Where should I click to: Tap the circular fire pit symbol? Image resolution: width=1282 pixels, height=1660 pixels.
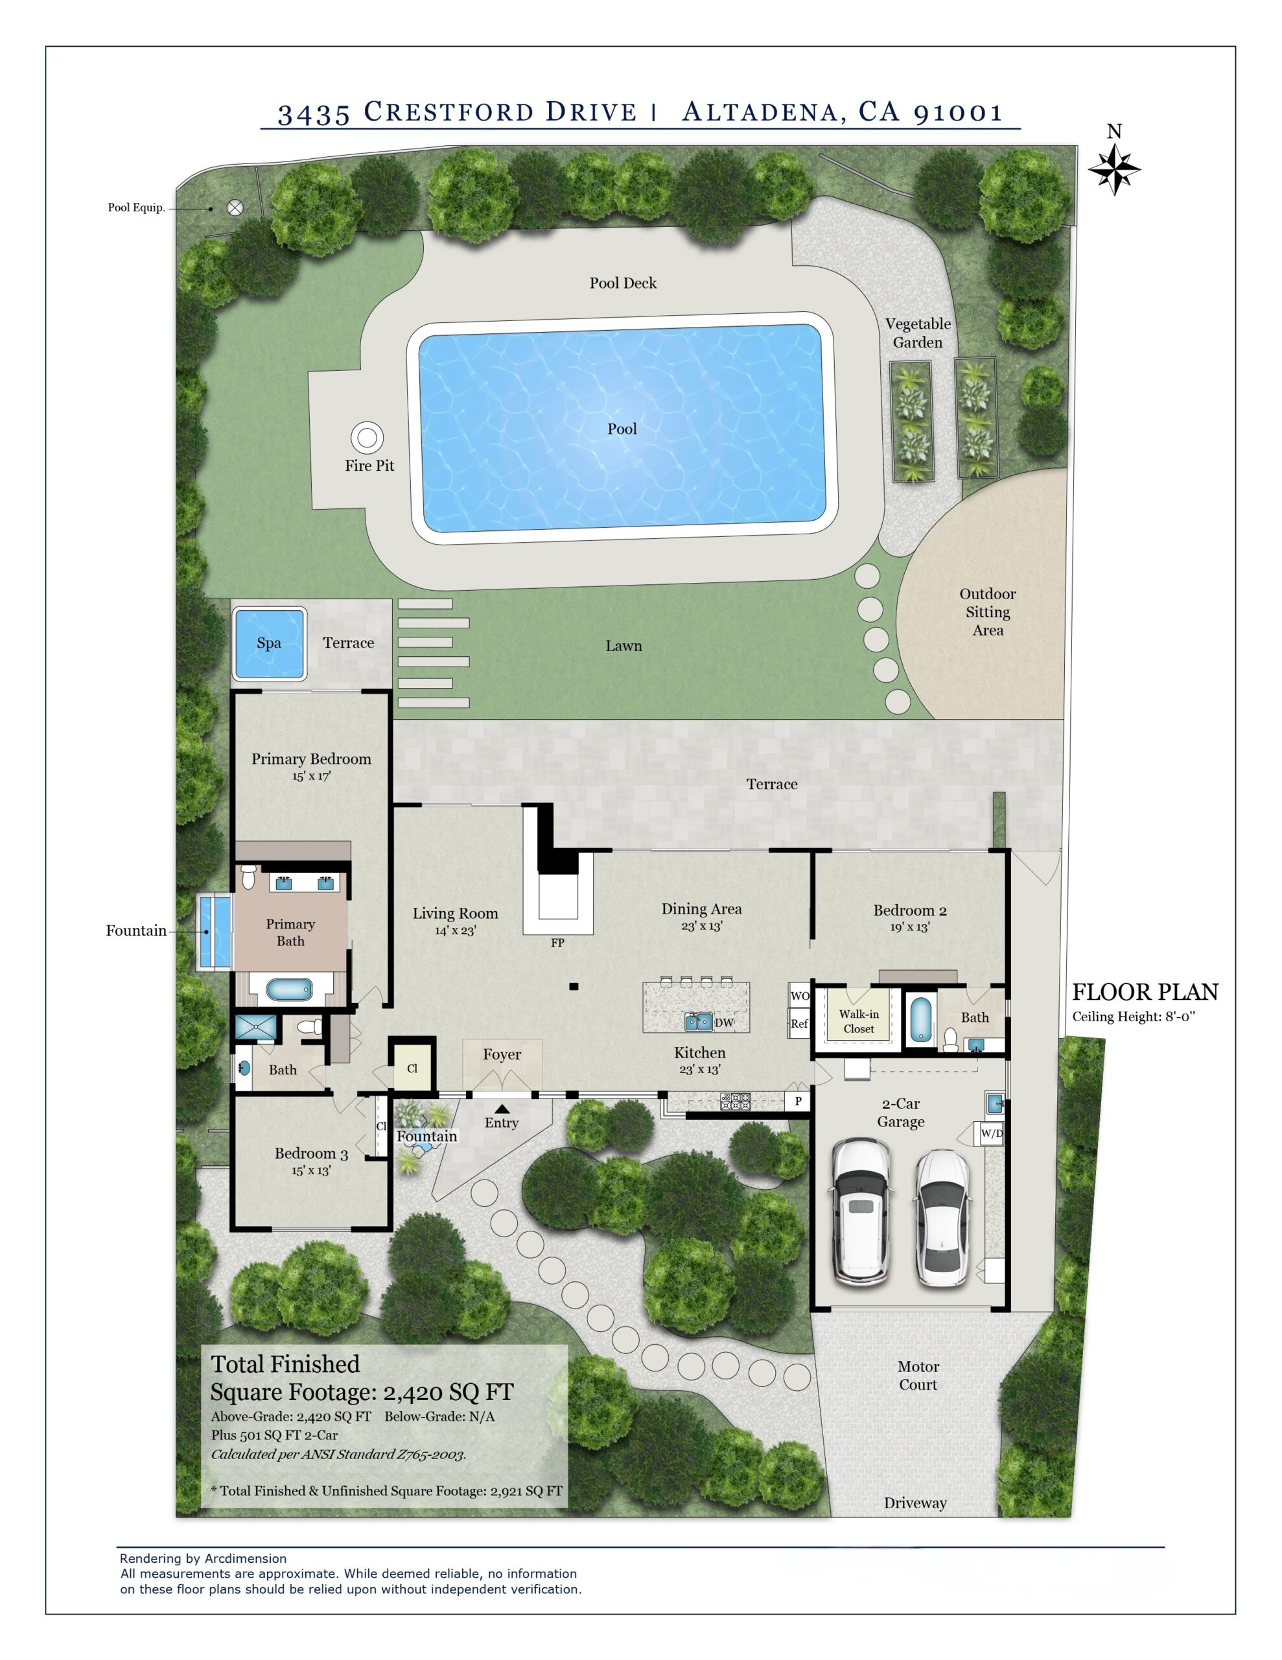[367, 437]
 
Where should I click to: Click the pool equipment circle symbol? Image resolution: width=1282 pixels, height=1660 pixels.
[235, 207]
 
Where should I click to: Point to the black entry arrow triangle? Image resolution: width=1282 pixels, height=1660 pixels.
[502, 1109]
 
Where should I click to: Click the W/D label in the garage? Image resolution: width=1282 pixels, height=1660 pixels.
[992, 1133]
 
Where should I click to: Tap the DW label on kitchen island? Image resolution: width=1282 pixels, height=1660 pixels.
[724, 1023]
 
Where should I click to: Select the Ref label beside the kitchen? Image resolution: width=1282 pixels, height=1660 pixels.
[799, 1023]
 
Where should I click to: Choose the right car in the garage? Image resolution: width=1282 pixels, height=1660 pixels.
[942, 1218]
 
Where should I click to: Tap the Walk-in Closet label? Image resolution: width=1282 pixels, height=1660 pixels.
[859, 1021]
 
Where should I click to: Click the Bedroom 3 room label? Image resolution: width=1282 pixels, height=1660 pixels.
[312, 1153]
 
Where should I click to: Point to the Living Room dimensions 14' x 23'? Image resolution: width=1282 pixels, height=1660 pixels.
[455, 931]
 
